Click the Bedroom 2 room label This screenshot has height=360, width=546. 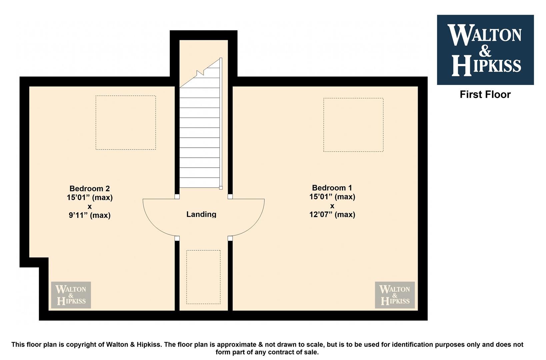point(89,189)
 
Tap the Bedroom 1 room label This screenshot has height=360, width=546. point(332,188)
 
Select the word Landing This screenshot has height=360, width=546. point(201,214)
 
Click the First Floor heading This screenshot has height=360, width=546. point(485,95)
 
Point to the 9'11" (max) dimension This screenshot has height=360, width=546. point(89,215)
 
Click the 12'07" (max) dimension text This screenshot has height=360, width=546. point(332,214)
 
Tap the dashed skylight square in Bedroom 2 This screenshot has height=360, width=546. point(126,96)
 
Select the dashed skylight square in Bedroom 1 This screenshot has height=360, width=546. point(353,98)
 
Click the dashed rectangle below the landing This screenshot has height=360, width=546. point(203,251)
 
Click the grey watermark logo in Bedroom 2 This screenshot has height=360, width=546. point(71,295)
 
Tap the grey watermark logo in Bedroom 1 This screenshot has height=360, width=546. point(395,295)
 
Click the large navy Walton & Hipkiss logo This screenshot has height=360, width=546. point(485,50)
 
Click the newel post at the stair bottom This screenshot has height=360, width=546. point(221,188)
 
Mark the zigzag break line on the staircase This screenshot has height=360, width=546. point(200,73)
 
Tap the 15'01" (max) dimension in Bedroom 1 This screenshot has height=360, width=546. point(332,197)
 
